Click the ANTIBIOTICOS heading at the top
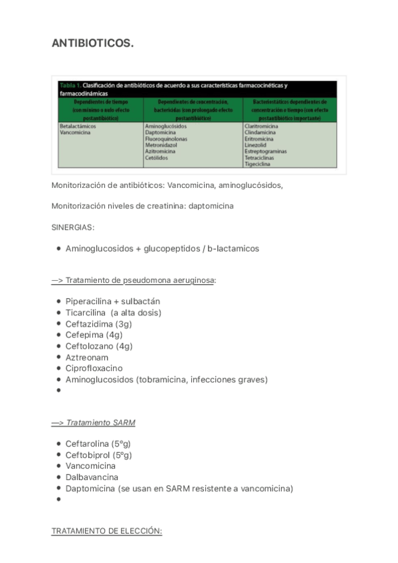(92, 43)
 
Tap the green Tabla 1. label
(70, 86)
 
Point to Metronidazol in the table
(162, 145)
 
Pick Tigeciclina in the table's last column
(258, 164)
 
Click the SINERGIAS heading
(73, 227)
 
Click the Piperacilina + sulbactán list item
(112, 301)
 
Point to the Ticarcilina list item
(113, 312)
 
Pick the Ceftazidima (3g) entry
(98, 323)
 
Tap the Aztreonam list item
(88, 357)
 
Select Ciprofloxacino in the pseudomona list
(94, 368)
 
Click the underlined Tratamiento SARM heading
(94, 422)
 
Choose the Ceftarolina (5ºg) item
(98, 443)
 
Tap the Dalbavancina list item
(92, 477)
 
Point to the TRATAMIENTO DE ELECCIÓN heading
(106, 531)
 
